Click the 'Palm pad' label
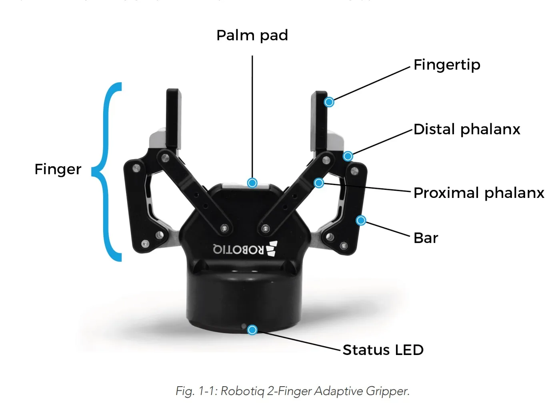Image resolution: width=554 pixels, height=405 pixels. tap(252, 35)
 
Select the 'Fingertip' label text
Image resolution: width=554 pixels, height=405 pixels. tap(446, 65)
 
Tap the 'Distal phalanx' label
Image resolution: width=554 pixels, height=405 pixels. tap(466, 129)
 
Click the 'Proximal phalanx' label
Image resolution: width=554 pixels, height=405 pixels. tap(478, 193)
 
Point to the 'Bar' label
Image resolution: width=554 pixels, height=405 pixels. tap(426, 238)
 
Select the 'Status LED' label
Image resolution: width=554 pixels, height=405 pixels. tap(383, 350)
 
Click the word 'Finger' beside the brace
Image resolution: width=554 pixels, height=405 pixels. tap(58, 169)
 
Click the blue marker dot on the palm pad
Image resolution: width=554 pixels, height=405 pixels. tap(252, 183)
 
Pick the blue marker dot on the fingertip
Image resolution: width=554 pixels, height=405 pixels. tap(329, 102)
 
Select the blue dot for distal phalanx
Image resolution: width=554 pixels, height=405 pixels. tap(348, 156)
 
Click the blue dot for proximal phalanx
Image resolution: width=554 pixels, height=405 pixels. tap(319, 183)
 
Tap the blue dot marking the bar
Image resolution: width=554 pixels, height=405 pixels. tap(361, 220)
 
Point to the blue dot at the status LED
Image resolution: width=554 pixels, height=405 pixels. tap(252, 330)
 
